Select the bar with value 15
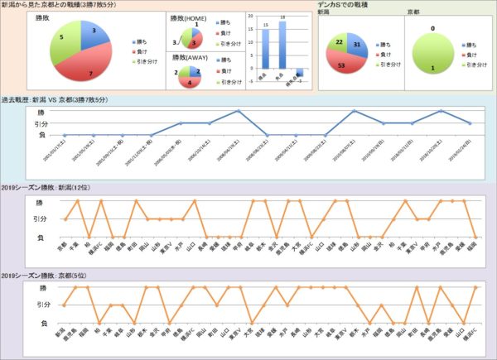264,53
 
